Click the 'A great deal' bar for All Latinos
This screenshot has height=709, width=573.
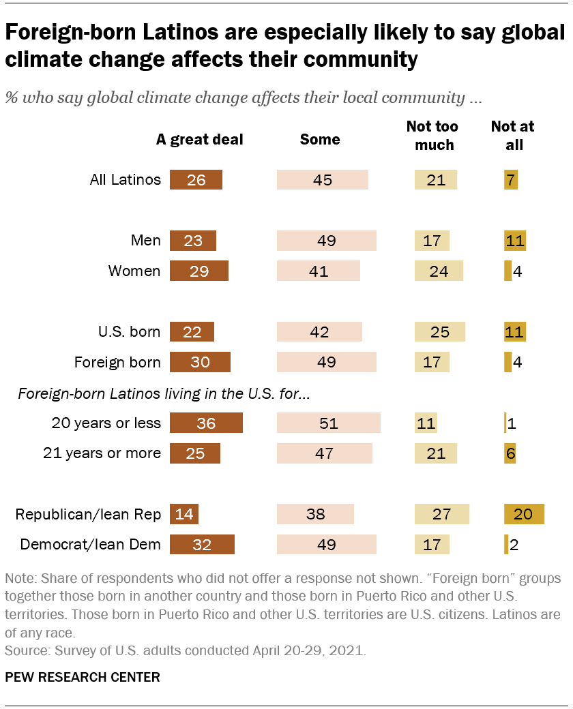pos(196,180)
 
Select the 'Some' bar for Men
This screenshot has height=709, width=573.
pos(326,241)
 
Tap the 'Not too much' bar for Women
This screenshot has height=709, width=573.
pos(439,271)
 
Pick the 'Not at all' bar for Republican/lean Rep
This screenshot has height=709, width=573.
pos(524,514)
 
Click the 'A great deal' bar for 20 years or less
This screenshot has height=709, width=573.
pos(206,423)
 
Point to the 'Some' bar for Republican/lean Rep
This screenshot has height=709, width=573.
pos(315,514)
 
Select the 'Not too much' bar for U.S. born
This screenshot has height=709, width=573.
pos(440,332)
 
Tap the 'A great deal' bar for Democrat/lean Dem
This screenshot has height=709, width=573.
pos(202,545)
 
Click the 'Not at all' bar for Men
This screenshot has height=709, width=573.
pos(515,241)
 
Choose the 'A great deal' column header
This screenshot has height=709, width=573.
pos(199,140)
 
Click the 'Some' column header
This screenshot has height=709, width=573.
pos(320,140)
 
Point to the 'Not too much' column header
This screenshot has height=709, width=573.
pos(432,135)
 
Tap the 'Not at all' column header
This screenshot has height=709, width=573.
pos(513,135)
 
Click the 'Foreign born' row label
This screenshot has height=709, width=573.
pos(117,362)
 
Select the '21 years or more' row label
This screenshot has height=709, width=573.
pos(106,453)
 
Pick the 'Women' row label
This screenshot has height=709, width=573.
pos(134,271)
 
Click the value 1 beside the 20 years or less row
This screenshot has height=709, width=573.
pos(512,423)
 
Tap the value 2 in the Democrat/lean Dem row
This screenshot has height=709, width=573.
pos(516,545)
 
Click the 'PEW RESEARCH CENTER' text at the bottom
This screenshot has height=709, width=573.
pos(83,677)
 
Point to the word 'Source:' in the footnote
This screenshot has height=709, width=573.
pos(24,651)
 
